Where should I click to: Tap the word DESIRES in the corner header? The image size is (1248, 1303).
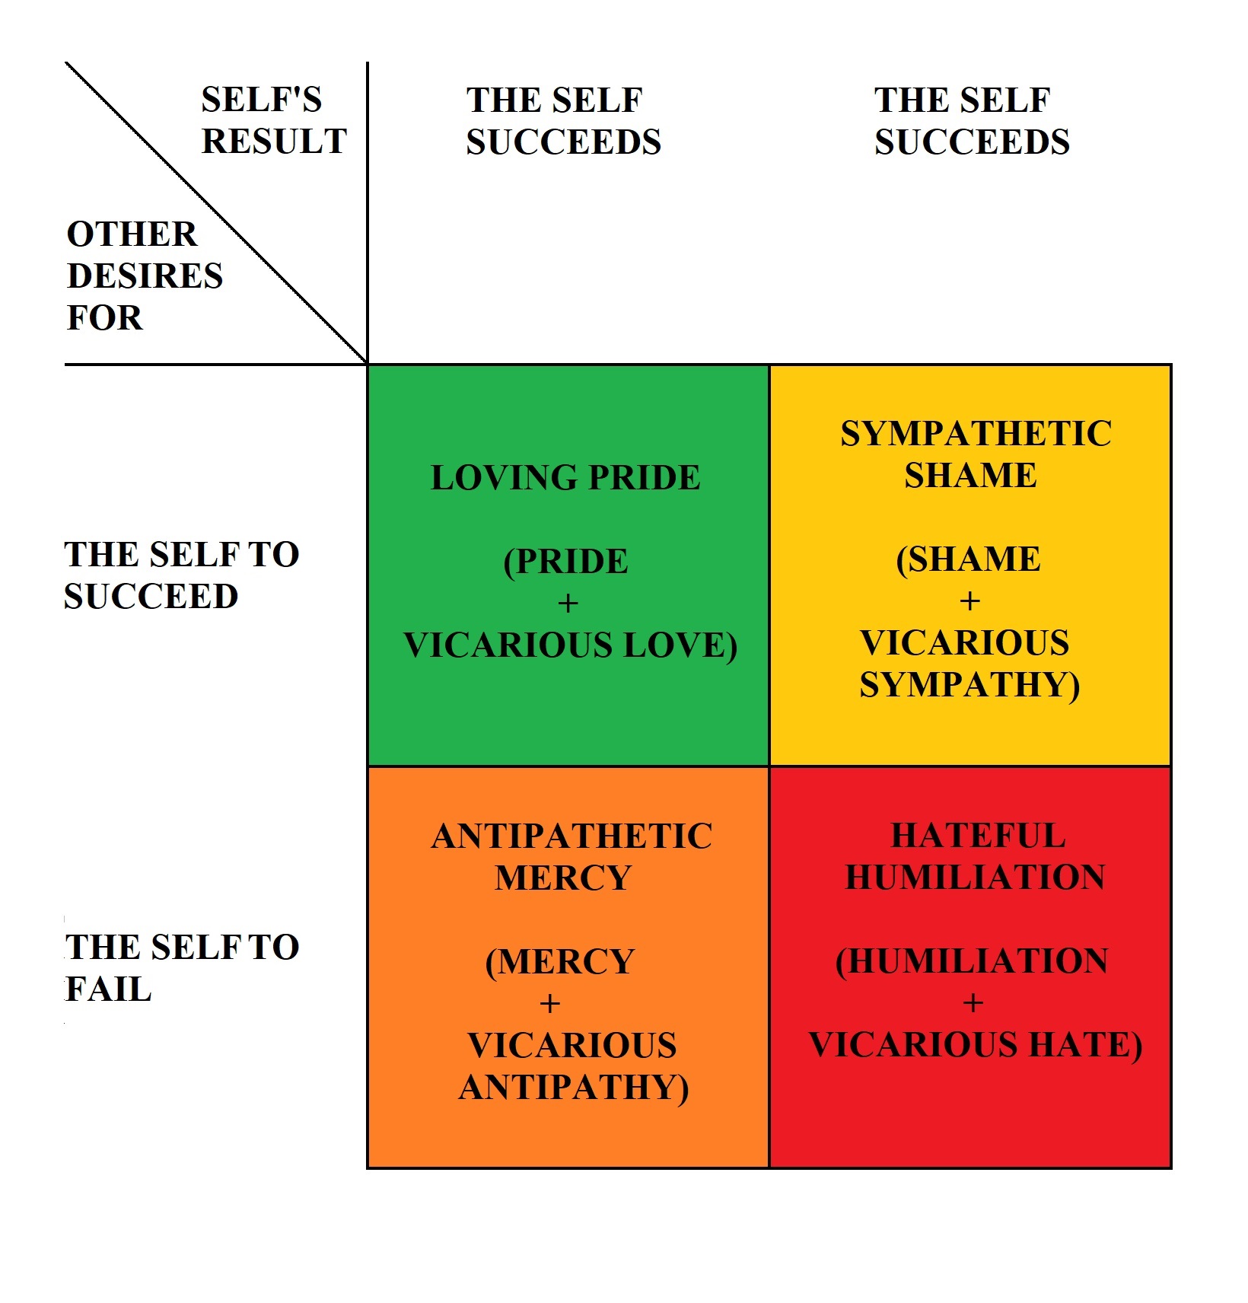[x=145, y=276]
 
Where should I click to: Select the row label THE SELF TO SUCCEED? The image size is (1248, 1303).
[x=181, y=575]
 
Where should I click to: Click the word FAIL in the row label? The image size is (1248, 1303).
[x=108, y=989]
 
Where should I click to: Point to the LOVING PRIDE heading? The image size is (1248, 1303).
[x=565, y=478]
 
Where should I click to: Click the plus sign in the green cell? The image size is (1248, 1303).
[x=568, y=604]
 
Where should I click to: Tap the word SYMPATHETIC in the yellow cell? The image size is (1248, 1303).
[x=976, y=434]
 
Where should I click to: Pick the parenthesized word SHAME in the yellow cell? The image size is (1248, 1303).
[x=973, y=559]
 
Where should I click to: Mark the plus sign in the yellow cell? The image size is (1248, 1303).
[x=969, y=601]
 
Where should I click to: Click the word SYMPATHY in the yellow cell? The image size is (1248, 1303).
[x=968, y=684]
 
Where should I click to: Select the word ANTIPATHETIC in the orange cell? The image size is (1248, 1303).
[x=571, y=836]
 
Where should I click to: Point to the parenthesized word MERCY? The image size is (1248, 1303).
[x=565, y=961]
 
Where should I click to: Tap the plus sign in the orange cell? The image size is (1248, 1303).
[x=549, y=1004]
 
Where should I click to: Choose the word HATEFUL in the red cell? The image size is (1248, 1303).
[x=978, y=836]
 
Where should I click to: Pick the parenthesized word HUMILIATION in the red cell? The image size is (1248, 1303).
[x=977, y=961]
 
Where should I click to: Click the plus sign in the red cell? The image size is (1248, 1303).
[x=973, y=1003]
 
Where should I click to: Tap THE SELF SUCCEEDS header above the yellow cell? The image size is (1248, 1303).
[x=971, y=120]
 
